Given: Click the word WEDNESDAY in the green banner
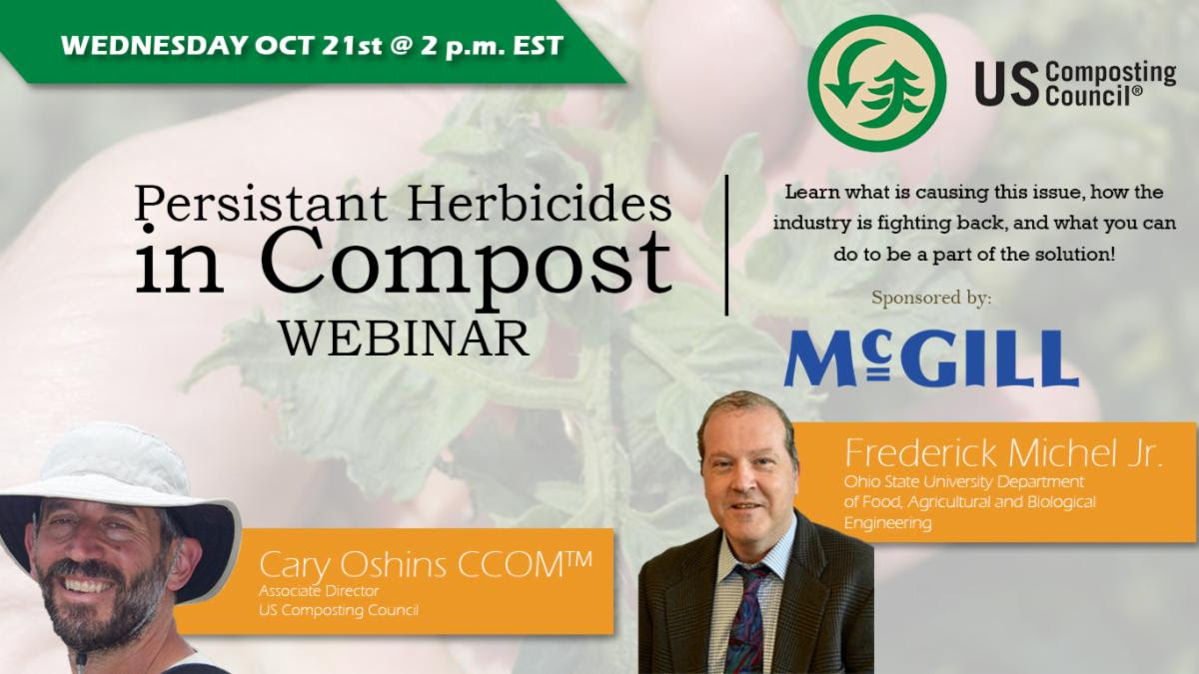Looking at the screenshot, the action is point(155,46).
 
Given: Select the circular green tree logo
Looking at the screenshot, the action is point(877,84).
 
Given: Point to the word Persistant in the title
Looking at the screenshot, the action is point(261,204).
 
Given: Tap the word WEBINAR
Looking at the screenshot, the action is point(406,339).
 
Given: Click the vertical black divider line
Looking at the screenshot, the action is point(726,245).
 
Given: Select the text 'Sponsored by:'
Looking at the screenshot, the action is point(931,299).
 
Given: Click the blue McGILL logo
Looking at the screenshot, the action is point(931,358).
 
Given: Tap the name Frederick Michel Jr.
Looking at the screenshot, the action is point(1003,453).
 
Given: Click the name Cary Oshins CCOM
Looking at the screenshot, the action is point(426,566).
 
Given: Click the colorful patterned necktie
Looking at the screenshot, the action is point(748,620).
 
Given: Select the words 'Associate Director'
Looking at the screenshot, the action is point(319,591).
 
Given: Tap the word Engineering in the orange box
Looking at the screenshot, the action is point(888,522).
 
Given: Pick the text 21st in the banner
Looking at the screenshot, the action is point(352,46).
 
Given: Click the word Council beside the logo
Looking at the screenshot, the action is point(1091,95).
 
